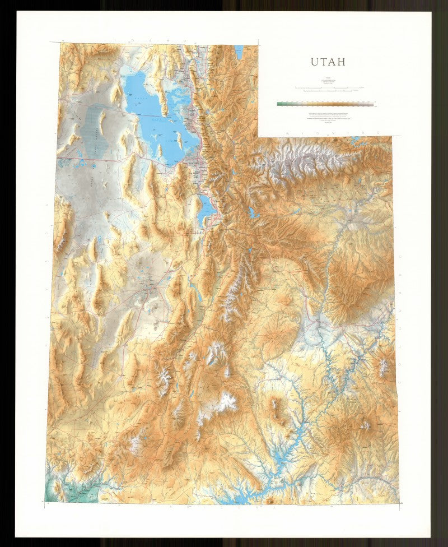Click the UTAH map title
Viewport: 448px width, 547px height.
[x=328, y=62]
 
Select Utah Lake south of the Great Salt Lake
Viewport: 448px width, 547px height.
[x=204, y=207]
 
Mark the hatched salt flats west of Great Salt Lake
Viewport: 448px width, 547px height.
[x=92, y=132]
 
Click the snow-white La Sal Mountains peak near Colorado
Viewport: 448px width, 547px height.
[x=384, y=367]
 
